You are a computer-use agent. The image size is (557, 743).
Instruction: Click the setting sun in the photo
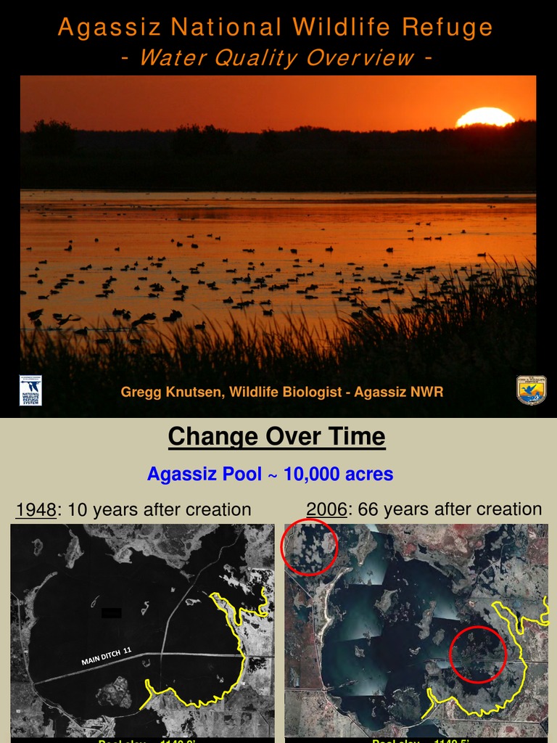pos(484,118)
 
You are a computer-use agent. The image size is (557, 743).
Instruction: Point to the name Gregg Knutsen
pos(173,393)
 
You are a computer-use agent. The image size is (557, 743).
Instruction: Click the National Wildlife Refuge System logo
pos(30,390)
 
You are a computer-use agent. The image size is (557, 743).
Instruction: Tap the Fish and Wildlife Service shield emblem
pos(531,390)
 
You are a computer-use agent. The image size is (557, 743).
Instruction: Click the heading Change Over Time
pos(276,437)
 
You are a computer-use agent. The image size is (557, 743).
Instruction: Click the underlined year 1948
pos(36,509)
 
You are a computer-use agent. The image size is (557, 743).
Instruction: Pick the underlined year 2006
pos(326,509)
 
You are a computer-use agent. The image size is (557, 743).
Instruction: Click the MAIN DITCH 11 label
pos(106,657)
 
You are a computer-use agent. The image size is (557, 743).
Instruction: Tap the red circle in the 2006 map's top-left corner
pos(309,547)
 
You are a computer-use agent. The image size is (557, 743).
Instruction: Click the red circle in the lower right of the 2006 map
pos(478,654)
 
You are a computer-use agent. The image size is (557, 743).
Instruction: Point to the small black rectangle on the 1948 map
pos(111,613)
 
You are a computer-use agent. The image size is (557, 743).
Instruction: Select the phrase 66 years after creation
pos(450,509)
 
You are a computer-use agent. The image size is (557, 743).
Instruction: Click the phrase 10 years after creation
pos(159,509)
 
